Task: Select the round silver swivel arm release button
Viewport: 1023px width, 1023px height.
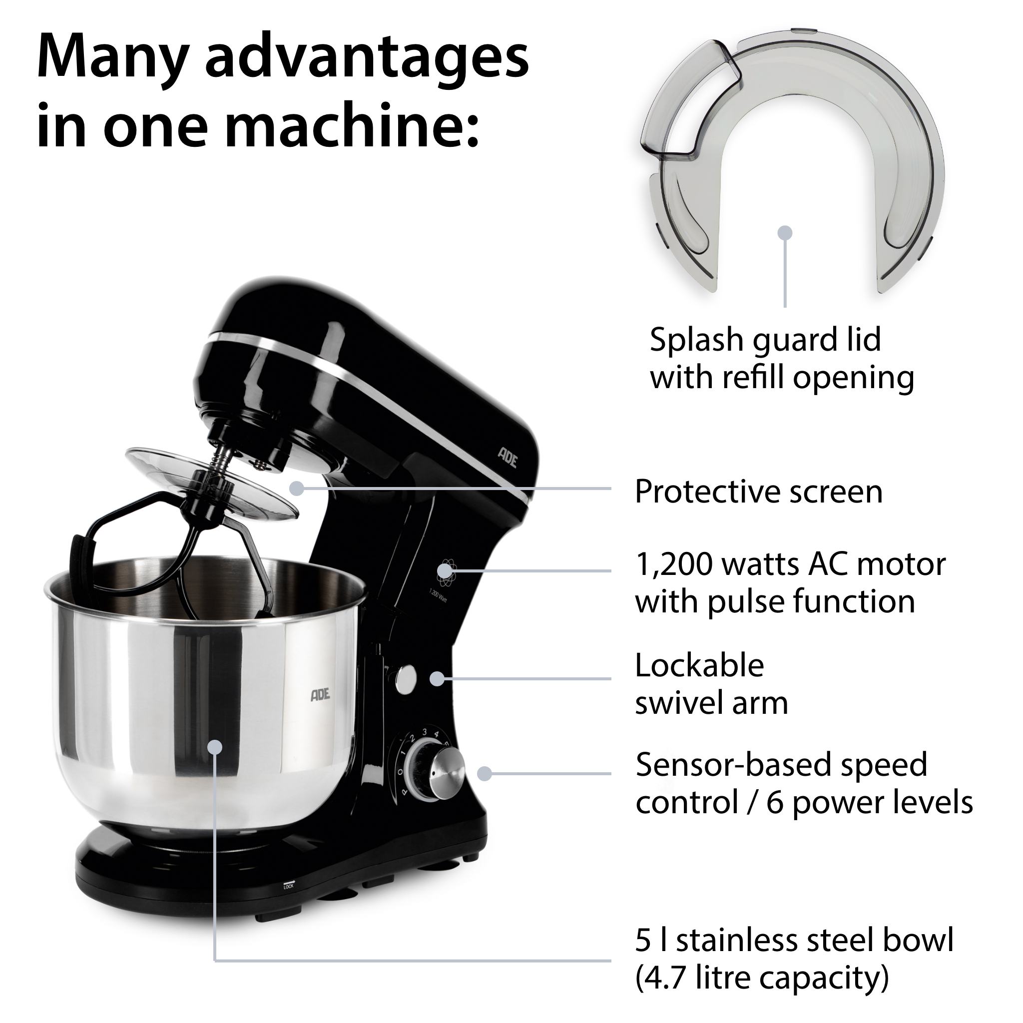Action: point(406,679)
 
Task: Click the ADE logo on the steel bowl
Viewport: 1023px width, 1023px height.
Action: point(320,695)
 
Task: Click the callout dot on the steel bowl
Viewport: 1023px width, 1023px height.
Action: point(214,747)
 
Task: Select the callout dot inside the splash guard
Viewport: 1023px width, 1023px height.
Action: point(785,232)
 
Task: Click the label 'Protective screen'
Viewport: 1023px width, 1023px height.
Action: point(759,492)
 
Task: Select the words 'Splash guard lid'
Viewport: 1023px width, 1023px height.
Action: point(765,340)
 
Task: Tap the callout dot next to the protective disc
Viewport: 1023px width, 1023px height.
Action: point(297,488)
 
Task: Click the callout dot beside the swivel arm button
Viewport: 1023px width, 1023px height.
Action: point(437,679)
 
